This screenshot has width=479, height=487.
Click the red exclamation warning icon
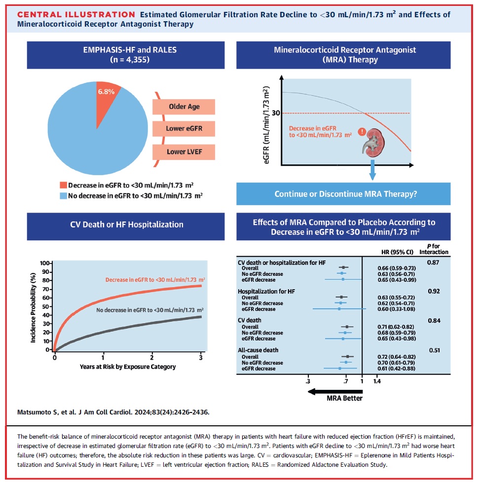(362, 132)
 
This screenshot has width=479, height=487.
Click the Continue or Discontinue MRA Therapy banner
(345, 194)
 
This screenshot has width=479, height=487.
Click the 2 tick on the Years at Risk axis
(152, 357)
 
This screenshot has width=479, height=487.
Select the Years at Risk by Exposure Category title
(128, 367)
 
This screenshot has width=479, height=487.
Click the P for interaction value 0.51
(434, 350)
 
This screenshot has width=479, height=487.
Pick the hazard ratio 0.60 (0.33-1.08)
(393, 309)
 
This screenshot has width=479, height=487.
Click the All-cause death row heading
(258, 350)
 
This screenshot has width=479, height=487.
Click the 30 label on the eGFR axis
(276, 113)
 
